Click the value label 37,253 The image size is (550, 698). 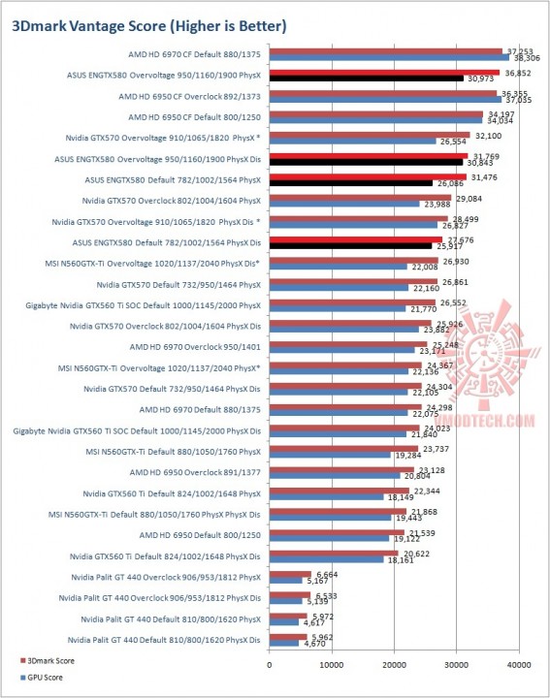click(519, 50)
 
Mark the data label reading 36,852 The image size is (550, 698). click(516, 72)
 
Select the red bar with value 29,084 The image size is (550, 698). click(360, 197)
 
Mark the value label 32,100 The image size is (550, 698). click(486, 135)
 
